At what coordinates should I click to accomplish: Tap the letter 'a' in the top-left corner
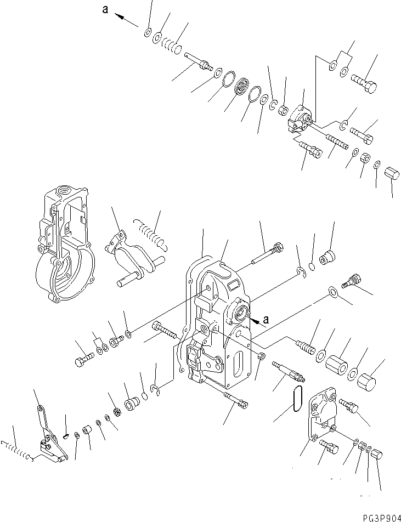105,10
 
